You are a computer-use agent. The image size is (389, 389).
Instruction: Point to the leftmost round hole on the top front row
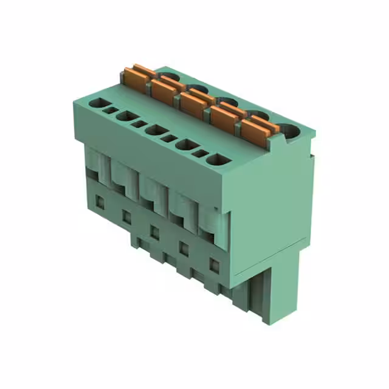[x=97, y=103]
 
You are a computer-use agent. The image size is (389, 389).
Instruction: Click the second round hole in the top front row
[x=126, y=116]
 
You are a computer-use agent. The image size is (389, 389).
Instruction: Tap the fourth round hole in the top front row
[x=185, y=145]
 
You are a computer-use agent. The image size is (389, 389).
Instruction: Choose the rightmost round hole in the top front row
[x=215, y=160]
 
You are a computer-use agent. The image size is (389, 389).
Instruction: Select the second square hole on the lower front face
[x=126, y=215]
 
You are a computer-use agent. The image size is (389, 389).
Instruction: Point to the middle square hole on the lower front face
[x=155, y=232]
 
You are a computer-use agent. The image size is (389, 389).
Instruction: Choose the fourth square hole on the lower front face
[x=184, y=247]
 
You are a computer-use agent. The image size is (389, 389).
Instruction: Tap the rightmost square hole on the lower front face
[x=214, y=264]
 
